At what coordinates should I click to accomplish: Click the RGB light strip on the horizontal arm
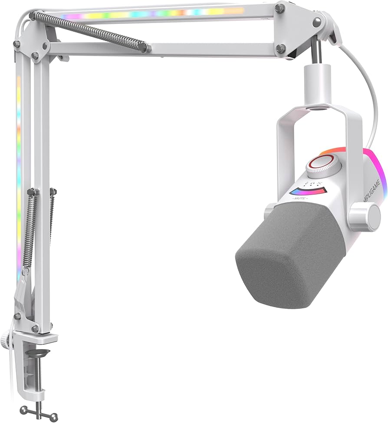click(x=152, y=12)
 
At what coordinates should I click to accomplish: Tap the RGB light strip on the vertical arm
click(x=19, y=174)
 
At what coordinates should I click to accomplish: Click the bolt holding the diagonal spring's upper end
click(x=33, y=17)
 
